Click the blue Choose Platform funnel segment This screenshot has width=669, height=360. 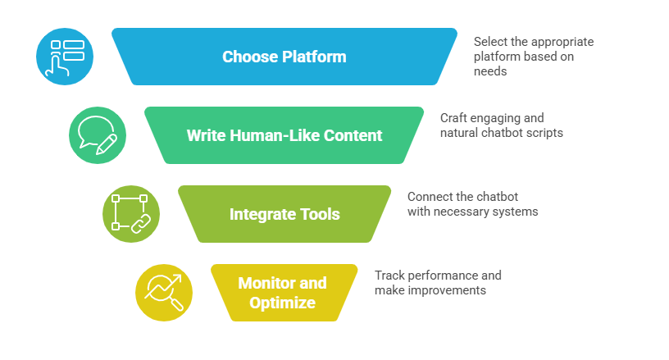[284, 57]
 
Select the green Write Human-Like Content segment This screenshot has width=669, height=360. [284, 135]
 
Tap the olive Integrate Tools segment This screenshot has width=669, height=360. [284, 214]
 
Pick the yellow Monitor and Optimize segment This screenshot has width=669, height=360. [284, 293]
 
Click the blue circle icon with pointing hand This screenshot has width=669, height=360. [65, 57]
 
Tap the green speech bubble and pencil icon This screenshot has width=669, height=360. [98, 135]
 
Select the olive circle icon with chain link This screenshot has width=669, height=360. [130, 214]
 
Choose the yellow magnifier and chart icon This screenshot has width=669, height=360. [163, 293]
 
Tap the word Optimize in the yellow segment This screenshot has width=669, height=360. [282, 303]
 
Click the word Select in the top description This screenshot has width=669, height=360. [491, 42]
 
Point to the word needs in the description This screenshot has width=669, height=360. [490, 71]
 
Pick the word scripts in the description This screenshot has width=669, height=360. [544, 133]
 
